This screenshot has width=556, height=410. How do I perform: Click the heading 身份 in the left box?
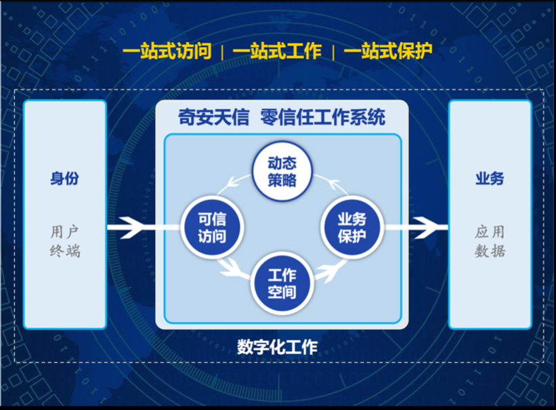click(64, 179)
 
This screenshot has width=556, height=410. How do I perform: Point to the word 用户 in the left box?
click(64, 230)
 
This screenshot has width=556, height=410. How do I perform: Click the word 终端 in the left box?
click(64, 251)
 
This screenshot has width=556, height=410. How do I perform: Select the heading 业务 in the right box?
click(490, 179)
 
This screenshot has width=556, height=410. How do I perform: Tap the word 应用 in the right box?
click(490, 231)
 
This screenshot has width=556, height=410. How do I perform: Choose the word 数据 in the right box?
click(490, 251)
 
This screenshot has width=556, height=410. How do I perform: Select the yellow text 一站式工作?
click(276, 52)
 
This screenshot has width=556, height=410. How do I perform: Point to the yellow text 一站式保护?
click(387, 52)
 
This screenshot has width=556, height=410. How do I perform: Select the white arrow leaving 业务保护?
click(416, 226)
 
